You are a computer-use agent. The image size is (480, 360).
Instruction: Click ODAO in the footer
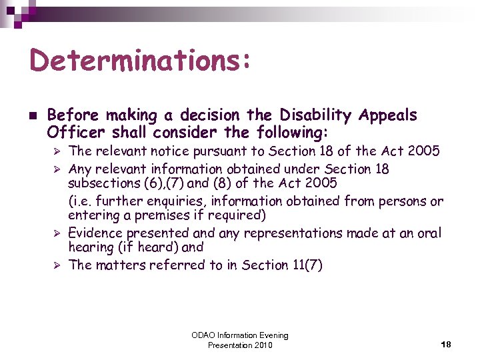(204, 335)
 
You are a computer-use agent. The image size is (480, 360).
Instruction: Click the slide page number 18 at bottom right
(446, 345)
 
